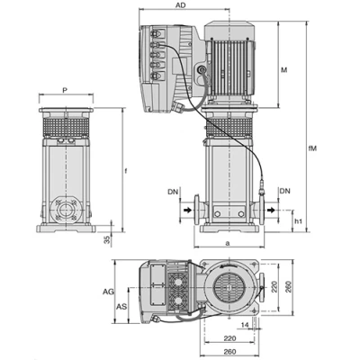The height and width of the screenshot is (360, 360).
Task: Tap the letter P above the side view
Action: (65, 90)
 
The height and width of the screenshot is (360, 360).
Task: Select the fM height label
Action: (312, 148)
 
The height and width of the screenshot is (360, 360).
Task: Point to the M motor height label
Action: (283, 70)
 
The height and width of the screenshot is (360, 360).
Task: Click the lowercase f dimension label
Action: (126, 171)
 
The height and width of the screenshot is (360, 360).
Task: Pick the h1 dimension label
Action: (298, 221)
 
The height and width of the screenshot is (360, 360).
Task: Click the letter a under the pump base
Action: (228, 243)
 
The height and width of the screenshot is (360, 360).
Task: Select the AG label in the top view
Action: (108, 292)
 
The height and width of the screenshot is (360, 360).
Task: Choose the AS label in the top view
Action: (121, 307)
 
